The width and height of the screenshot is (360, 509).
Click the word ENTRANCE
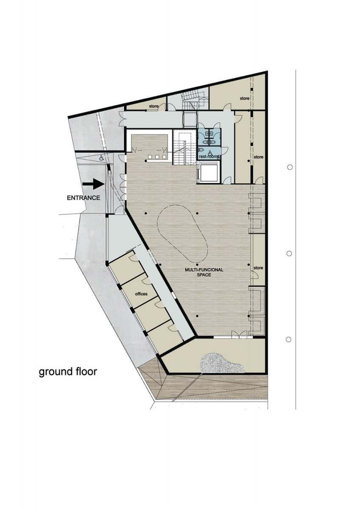click(x=84, y=198)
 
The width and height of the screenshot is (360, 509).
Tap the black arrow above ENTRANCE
click(x=93, y=184)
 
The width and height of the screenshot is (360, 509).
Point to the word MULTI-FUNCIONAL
click(x=204, y=270)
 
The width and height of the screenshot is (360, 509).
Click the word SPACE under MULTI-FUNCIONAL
click(x=204, y=275)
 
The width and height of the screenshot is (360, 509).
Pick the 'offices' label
click(x=141, y=294)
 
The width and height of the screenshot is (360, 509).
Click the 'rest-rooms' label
click(x=209, y=157)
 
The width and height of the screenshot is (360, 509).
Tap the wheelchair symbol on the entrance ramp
click(x=101, y=157)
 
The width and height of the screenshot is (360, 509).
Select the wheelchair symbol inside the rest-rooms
click(x=209, y=151)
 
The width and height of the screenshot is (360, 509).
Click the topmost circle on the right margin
click(x=290, y=167)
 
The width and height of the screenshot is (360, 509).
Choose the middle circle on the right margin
click(x=289, y=253)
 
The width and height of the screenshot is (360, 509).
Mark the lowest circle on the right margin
click(x=288, y=339)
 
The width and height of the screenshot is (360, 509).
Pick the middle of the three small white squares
click(x=157, y=157)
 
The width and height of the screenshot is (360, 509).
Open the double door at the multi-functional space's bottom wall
click(x=239, y=335)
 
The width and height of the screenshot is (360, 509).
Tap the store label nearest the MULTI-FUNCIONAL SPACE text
click(x=258, y=268)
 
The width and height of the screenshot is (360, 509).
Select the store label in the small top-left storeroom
click(x=153, y=106)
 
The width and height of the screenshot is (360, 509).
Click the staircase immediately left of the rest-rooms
click(x=184, y=147)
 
